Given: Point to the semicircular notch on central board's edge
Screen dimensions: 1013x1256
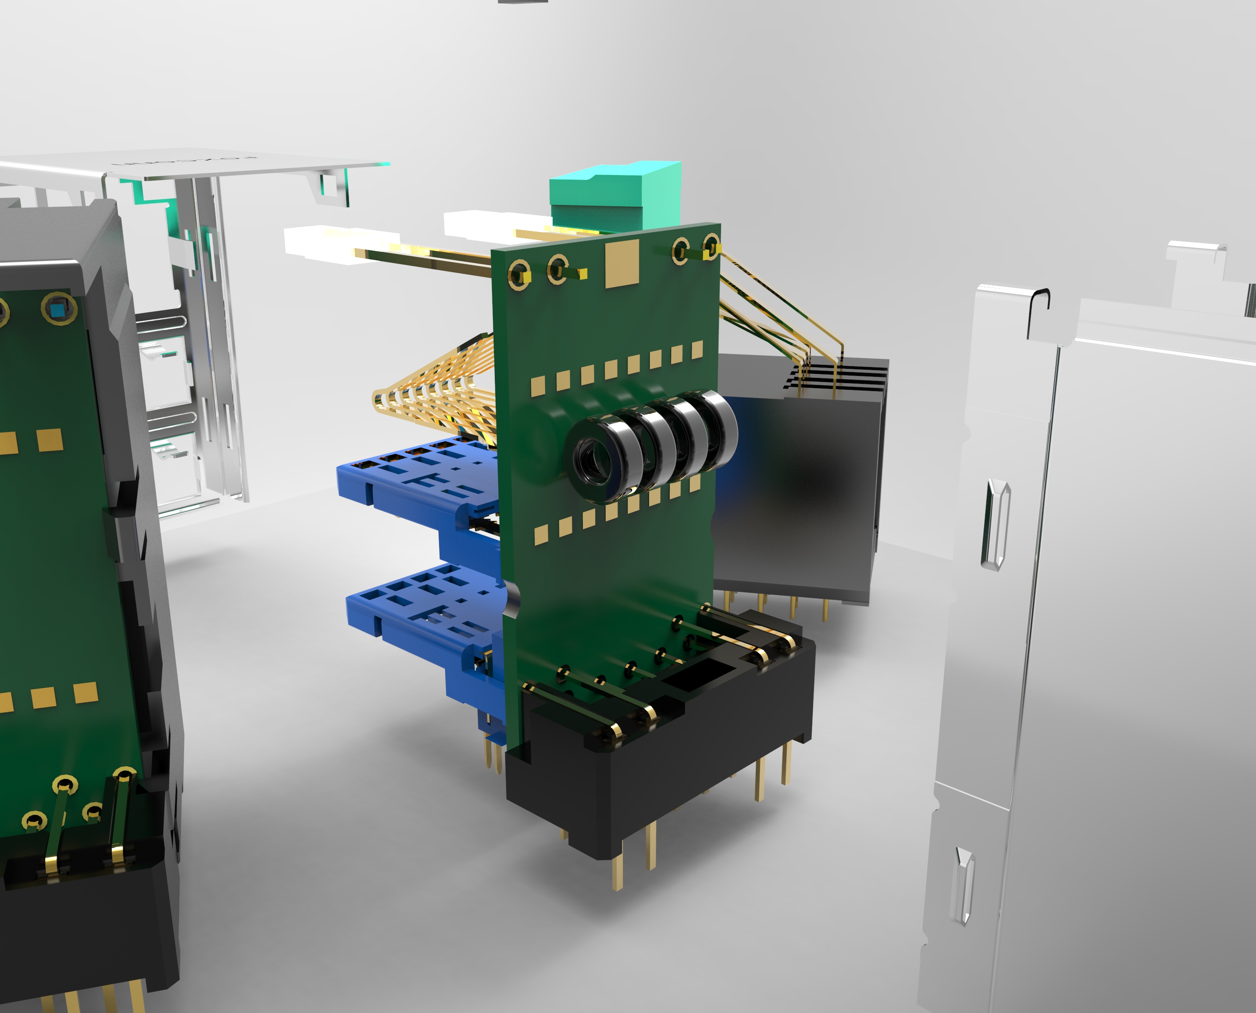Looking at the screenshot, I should [x=513, y=598].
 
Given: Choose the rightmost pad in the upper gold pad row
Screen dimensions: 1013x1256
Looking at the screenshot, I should [x=697, y=350].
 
